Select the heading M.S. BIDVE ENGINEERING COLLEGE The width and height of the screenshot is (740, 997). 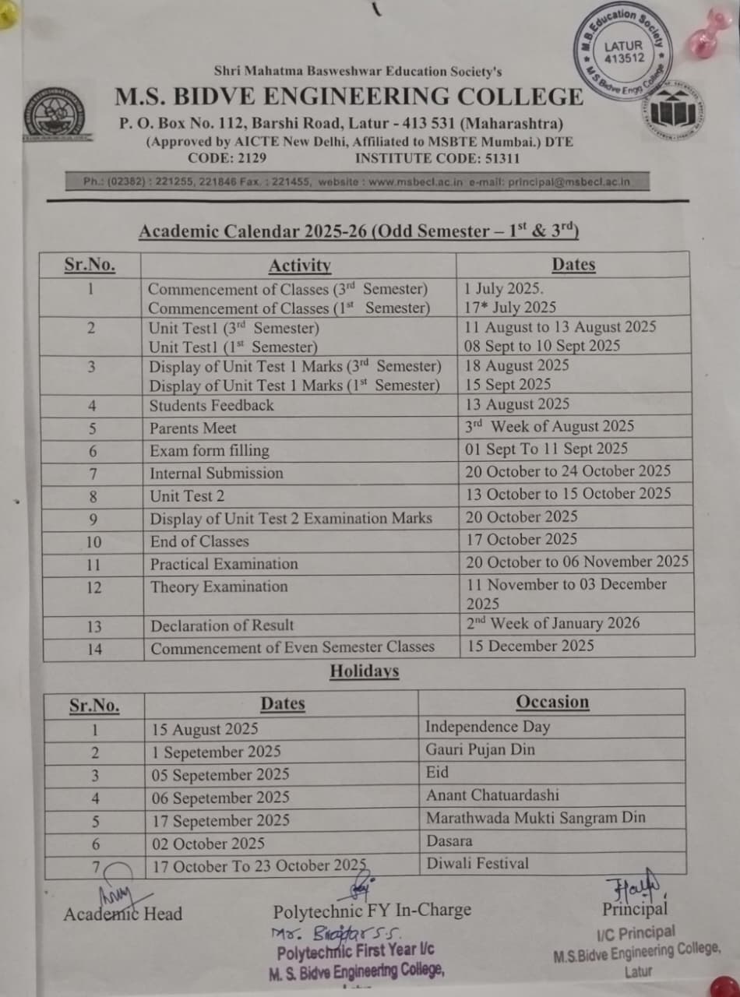(349, 97)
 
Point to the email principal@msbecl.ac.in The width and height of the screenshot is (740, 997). (569, 181)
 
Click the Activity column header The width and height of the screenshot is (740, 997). (299, 266)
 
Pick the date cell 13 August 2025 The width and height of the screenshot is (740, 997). (517, 404)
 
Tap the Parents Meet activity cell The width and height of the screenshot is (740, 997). (193, 428)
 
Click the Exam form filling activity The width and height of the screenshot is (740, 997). (210, 450)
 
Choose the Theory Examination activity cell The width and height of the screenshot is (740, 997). (219, 587)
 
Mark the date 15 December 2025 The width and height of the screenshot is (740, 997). (530, 646)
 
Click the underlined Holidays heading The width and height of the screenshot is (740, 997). (364, 671)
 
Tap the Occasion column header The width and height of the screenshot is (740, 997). (552, 702)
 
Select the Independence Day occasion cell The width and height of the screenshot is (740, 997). (488, 727)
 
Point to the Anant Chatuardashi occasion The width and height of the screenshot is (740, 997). (492, 795)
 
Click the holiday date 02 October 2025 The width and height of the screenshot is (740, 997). (209, 844)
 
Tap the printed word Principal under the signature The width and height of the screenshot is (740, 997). (635, 909)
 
